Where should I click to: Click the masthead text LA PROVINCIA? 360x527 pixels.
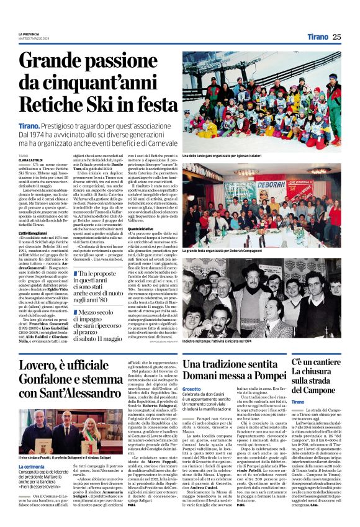tap(32, 34)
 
